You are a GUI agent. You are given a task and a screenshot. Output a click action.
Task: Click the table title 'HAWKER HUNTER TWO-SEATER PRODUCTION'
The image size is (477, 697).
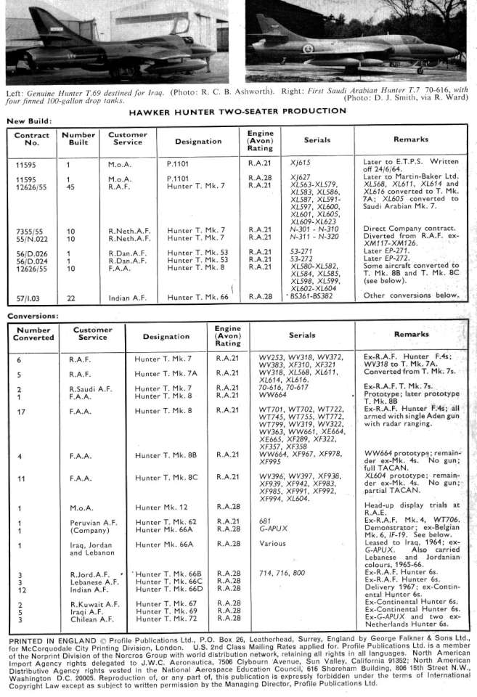click(237, 112)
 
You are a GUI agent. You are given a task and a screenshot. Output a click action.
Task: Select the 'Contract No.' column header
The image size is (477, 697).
click(32, 139)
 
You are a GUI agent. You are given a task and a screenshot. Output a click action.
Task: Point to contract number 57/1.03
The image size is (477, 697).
click(30, 298)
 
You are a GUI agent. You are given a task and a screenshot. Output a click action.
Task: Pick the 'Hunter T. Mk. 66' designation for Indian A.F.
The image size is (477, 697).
click(198, 298)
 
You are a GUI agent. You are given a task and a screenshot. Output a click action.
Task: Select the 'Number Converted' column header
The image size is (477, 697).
click(33, 334)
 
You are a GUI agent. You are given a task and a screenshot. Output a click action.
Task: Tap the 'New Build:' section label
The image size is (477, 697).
click(28, 121)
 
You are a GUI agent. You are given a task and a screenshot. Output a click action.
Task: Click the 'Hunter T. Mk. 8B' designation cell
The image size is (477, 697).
click(168, 457)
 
